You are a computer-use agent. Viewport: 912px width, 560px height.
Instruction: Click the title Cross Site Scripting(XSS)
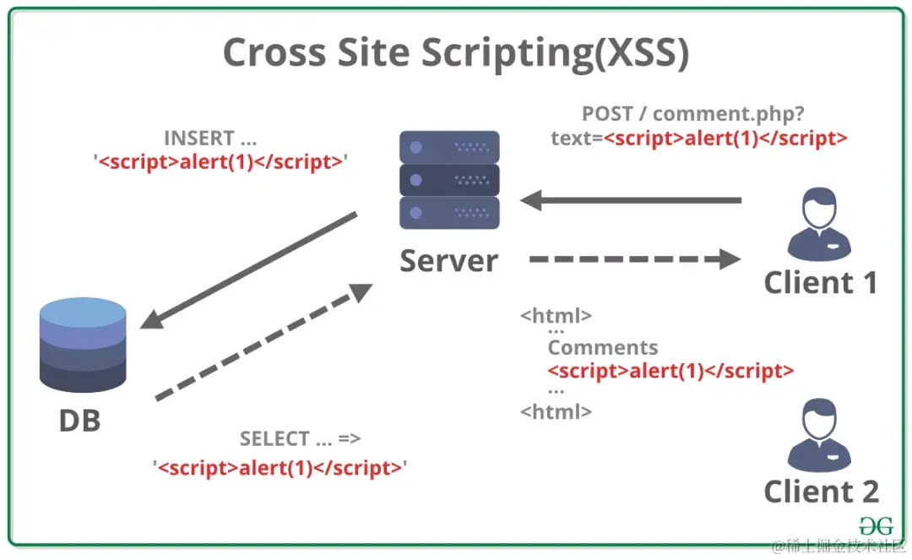click(455, 52)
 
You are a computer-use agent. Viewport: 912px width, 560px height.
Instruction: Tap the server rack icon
click(449, 179)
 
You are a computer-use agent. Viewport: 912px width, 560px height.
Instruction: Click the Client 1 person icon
click(818, 225)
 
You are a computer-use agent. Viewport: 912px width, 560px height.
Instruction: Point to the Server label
click(448, 261)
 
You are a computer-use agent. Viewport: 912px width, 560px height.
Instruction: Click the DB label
click(79, 420)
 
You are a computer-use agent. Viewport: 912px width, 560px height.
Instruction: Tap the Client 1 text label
click(821, 282)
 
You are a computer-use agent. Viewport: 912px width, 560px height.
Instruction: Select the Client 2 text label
click(821, 492)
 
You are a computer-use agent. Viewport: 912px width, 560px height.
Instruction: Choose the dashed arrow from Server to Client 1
click(633, 259)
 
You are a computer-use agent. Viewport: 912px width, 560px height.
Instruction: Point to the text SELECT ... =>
click(300, 439)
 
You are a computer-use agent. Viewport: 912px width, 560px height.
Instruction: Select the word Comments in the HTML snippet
click(602, 347)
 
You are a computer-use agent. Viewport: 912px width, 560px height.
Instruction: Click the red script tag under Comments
click(670, 370)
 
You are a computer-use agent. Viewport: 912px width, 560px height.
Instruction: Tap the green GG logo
click(875, 525)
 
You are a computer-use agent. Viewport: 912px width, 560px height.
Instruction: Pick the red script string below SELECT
click(280, 467)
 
